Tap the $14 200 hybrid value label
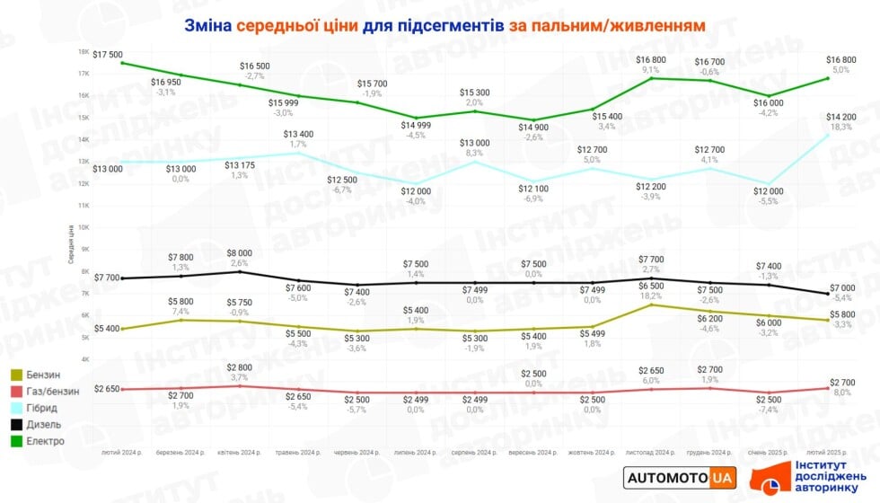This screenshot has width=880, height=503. point(841,116)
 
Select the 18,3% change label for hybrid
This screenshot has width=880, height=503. point(841,128)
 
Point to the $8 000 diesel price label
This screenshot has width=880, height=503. point(239,253)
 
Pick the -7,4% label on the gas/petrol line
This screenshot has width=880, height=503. point(768,410)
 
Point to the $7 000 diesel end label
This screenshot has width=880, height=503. point(841,287)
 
